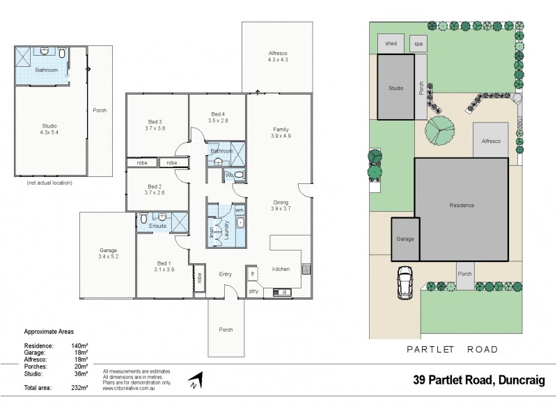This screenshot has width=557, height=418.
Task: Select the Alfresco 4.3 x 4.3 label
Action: (x=277, y=56)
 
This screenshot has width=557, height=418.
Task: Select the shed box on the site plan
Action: (x=391, y=42)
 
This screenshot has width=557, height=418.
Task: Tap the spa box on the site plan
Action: (x=418, y=42)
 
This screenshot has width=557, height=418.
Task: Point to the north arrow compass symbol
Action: (x=196, y=380)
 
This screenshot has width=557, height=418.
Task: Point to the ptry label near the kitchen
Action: (x=253, y=291)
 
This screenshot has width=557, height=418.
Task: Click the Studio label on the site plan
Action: (x=395, y=88)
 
